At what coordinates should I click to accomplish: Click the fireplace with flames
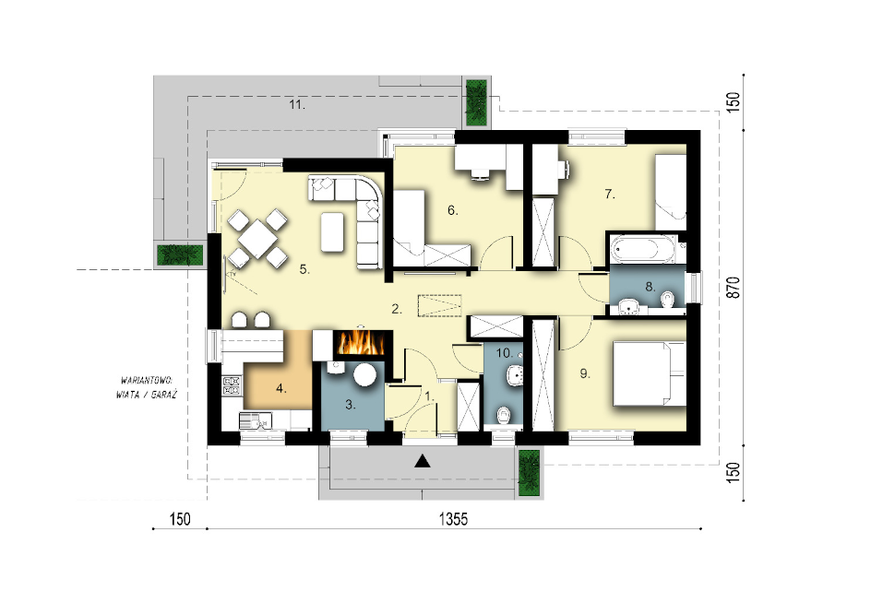pyautogui.click(x=361, y=343)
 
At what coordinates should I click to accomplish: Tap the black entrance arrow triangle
pyautogui.click(x=423, y=461)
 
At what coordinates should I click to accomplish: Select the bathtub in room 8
pyautogui.click(x=643, y=249)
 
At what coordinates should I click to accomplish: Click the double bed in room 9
pyautogui.click(x=649, y=374)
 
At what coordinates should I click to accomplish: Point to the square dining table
pyautogui.click(x=257, y=238)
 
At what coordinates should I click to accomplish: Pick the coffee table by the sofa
pyautogui.click(x=332, y=232)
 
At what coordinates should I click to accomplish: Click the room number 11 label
pyautogui.click(x=296, y=104)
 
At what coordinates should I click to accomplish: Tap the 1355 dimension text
pyautogui.click(x=453, y=519)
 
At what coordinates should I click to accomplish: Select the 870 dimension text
pyautogui.click(x=734, y=288)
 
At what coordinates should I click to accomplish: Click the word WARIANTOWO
pyautogui.click(x=147, y=380)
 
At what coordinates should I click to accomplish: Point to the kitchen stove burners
pyautogui.click(x=232, y=385)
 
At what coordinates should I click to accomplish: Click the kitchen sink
pyautogui.click(x=256, y=420)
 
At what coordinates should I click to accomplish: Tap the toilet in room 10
pyautogui.click(x=503, y=414)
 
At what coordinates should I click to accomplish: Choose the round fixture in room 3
pyautogui.click(x=365, y=374)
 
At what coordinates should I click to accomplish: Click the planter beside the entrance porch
pyautogui.click(x=529, y=472)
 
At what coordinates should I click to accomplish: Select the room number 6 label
pyautogui.click(x=453, y=210)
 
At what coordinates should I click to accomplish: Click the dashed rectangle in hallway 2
pyautogui.click(x=439, y=305)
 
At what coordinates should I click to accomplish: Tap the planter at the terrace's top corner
pyautogui.click(x=476, y=102)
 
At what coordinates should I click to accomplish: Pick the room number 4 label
pyautogui.click(x=281, y=389)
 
